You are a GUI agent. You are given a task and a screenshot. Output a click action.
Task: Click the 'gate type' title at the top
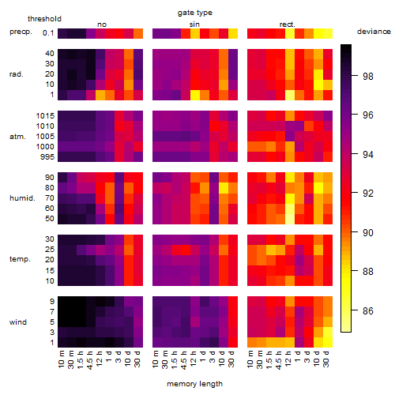195,13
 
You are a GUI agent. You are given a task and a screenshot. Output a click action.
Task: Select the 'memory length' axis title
194,384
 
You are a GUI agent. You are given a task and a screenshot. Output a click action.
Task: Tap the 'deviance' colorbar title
374,32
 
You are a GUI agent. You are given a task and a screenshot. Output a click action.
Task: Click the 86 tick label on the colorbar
368,310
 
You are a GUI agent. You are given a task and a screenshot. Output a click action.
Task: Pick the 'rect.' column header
287,24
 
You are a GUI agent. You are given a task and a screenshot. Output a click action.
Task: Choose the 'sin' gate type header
194,24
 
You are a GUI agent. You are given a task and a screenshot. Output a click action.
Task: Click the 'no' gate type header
102,24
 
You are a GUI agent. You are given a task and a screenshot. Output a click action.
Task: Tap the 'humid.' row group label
22,198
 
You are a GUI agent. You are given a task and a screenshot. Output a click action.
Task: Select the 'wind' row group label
18,322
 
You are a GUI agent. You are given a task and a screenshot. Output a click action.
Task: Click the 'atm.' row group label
17,137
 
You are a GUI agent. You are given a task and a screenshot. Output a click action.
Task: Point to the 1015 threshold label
45,116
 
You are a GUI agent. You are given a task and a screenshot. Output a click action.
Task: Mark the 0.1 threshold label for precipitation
48,33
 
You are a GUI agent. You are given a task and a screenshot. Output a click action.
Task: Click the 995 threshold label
47,157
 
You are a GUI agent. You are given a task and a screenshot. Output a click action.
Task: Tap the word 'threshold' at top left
44,19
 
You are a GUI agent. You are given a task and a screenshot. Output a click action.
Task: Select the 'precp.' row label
21,32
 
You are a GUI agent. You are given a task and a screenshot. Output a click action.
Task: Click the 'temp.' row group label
20,259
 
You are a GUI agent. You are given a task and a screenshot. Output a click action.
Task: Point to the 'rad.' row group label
17,74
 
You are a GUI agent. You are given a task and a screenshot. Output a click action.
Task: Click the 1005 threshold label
45,137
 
